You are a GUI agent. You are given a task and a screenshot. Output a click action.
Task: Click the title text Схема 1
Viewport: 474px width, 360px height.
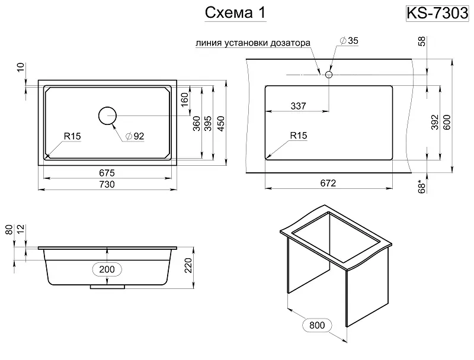233,14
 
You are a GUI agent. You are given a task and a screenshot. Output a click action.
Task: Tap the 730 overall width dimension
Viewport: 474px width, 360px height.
107,184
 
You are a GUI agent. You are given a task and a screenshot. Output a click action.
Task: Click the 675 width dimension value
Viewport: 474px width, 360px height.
107,172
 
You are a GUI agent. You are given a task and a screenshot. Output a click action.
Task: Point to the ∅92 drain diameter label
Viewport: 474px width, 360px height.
134,136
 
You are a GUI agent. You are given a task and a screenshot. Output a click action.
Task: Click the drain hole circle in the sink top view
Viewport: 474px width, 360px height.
107,115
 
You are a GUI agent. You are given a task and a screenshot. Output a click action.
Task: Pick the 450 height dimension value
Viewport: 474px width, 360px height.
221,123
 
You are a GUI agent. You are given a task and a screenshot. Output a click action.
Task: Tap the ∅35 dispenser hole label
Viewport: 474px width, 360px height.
350,40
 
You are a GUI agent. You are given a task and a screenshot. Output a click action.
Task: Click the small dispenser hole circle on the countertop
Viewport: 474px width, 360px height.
328,75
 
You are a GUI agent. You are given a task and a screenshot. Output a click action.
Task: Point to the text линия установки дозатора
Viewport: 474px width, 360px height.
252,43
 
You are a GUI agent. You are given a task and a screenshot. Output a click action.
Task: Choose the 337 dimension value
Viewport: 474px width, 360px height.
298,106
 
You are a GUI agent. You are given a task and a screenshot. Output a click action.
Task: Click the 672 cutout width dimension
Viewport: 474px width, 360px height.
328,183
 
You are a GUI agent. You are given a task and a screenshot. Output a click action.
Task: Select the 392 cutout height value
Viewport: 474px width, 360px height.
434,121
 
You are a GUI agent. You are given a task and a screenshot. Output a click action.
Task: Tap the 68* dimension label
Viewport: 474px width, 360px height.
422,186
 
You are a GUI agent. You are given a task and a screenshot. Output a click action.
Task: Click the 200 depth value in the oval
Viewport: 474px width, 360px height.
107,269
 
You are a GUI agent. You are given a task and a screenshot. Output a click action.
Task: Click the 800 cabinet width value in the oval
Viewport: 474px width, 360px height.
316,325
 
